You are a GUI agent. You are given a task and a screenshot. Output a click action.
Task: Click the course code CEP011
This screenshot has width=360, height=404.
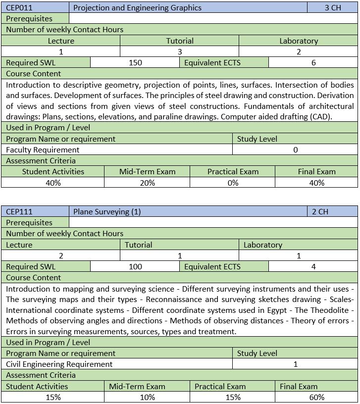pos(19,8)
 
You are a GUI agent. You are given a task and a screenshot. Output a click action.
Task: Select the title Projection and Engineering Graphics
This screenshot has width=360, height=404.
pos(137,8)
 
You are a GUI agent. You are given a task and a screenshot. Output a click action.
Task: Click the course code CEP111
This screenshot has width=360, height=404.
pos(19,212)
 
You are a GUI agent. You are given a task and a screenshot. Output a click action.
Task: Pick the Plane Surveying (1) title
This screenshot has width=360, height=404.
pos(107,212)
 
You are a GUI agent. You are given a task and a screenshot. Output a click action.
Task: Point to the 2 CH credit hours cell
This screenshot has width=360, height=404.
pos(320,212)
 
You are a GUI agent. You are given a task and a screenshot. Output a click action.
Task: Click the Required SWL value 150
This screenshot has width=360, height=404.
pos(135,63)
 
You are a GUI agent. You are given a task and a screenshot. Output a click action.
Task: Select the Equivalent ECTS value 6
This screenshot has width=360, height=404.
pos(313,63)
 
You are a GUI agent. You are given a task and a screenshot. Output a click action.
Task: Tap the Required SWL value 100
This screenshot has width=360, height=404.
pos(135,267)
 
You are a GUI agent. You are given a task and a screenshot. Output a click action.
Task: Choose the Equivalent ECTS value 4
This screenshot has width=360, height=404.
pos(313,267)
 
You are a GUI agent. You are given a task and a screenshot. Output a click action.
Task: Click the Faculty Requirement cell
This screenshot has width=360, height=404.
pos(43,150)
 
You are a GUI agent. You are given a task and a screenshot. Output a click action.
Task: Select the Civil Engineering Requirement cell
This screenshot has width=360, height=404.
pos(59,364)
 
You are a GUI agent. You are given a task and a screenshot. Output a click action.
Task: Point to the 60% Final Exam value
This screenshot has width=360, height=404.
pos(316,397)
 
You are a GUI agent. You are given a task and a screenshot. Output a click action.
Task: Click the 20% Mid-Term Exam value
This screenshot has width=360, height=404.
pos(147,183)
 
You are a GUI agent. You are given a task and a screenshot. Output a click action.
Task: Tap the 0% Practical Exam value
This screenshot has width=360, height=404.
pos(233,183)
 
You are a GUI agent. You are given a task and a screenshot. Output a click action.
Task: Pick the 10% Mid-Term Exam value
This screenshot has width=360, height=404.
pos(147,397)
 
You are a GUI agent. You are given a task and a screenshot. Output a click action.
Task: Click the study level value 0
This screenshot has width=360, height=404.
pos(295,150)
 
